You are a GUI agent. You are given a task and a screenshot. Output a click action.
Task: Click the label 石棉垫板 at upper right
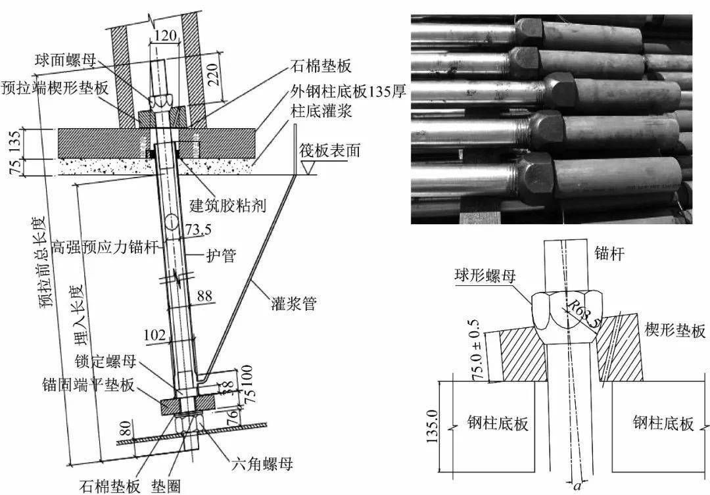[x=320, y=66]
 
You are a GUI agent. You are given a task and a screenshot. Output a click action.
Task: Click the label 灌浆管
[x=294, y=305]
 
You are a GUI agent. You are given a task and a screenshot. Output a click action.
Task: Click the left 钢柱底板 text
[x=498, y=423]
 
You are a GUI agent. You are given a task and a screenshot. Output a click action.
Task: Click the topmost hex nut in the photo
[x=529, y=30]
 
